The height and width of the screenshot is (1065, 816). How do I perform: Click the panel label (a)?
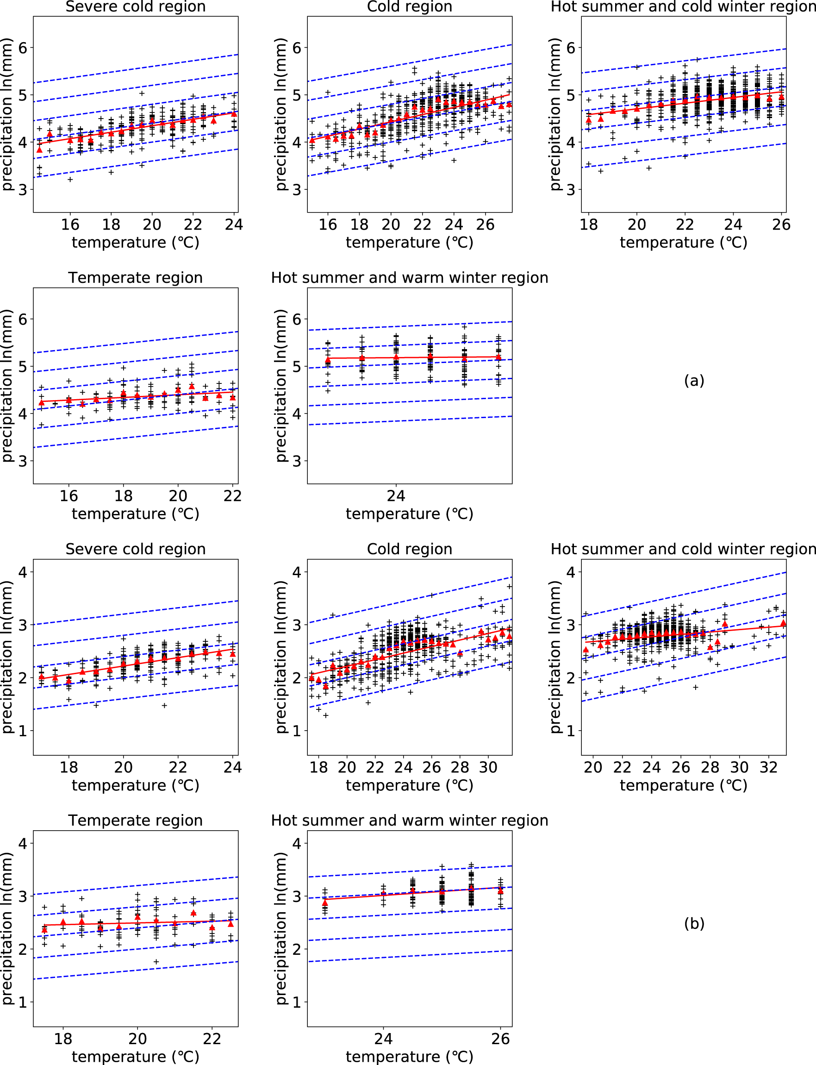coord(694,381)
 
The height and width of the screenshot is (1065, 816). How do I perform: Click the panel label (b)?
coord(694,923)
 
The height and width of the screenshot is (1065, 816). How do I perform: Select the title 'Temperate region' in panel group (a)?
coord(136,277)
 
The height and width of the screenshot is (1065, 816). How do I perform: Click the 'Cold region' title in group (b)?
coord(410,549)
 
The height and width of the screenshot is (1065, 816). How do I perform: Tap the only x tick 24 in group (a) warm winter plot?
coord(396,496)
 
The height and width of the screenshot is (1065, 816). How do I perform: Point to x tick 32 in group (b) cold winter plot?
coord(768,767)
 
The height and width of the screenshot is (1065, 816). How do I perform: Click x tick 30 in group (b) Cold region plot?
coord(488,767)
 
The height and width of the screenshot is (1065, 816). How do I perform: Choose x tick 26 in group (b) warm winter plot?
coord(500,1039)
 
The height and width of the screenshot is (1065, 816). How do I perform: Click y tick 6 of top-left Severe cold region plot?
coord(23,48)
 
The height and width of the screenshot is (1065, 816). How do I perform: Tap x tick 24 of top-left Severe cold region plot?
coord(234,225)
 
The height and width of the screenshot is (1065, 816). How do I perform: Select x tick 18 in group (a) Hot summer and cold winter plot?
coord(589,225)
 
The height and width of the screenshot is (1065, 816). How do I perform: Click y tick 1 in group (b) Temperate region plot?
coord(23,1002)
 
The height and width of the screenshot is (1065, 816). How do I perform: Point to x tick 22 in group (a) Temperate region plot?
coord(233,496)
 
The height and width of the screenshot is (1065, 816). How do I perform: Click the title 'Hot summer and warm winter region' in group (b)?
coord(410,821)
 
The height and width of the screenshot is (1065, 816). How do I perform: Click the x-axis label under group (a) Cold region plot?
coord(410,243)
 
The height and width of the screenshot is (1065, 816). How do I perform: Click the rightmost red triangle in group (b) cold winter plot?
coord(783,623)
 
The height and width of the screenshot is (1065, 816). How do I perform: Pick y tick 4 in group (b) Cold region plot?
coord(297,572)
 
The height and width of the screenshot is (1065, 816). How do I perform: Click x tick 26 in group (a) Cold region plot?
coord(485,225)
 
